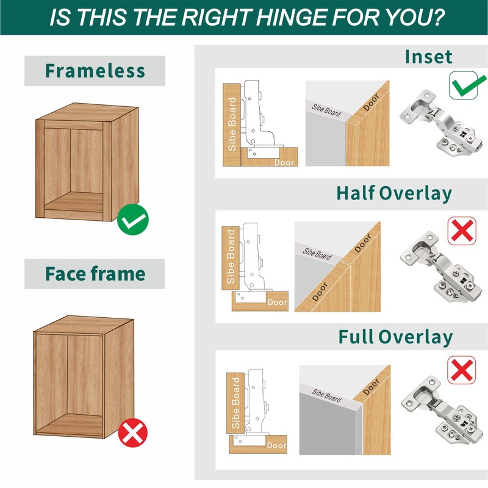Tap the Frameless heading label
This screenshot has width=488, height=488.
(x=95, y=71)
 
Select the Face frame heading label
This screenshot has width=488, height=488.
(x=95, y=274)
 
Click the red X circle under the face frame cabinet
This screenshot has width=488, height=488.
(x=132, y=433)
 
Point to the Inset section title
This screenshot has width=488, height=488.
(x=428, y=57)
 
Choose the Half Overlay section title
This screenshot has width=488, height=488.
(x=394, y=193)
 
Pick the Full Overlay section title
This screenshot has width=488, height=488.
(x=395, y=337)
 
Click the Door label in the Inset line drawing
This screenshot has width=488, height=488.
(x=284, y=162)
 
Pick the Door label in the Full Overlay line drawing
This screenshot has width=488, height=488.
(x=276, y=445)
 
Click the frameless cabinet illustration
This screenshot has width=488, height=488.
(x=87, y=162)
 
